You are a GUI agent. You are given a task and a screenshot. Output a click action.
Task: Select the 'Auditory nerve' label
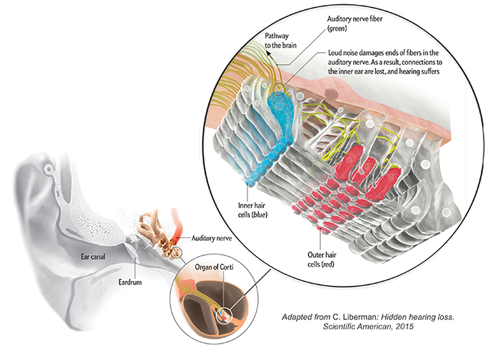tap(215, 238)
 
